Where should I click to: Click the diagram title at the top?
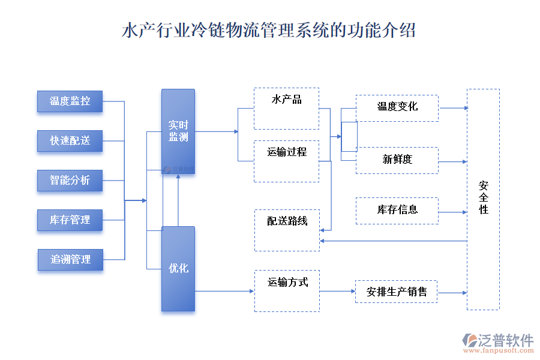[x=269, y=31]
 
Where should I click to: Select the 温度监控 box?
[x=70, y=101]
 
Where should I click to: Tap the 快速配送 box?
[x=70, y=141]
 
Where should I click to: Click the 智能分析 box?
[x=70, y=181]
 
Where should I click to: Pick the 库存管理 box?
[x=70, y=220]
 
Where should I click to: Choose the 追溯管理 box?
[x=70, y=259]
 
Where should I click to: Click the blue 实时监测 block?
[x=178, y=131]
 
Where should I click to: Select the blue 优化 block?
[x=178, y=269]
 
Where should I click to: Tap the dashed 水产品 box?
[x=286, y=109]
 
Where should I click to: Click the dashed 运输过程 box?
[x=286, y=161]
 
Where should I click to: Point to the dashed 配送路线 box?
[x=287, y=230]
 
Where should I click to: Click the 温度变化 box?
[x=397, y=108]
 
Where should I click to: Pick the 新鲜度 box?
[x=397, y=160]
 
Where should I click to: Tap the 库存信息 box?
[x=397, y=211]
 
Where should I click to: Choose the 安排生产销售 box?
[x=397, y=292]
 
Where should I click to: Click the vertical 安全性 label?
[x=483, y=197]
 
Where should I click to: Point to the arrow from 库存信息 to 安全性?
[x=452, y=212]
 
